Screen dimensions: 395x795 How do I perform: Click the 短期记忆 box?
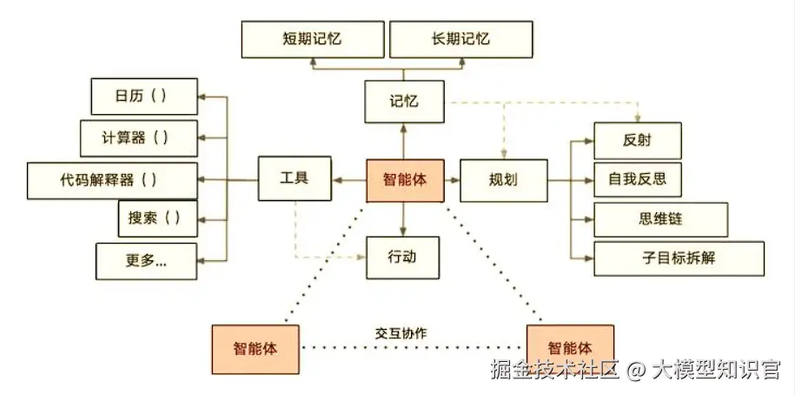click(x=313, y=40)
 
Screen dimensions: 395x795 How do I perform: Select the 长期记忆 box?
click(x=460, y=40)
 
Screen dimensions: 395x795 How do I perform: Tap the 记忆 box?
click(x=404, y=102)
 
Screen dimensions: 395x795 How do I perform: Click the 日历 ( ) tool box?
click(x=143, y=96)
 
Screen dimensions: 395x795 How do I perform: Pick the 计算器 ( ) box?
click(x=138, y=137)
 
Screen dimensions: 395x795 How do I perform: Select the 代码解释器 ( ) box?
click(x=110, y=180)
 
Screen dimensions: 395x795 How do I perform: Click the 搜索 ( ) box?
click(x=157, y=218)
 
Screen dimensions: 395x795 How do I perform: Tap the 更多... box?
click(x=147, y=260)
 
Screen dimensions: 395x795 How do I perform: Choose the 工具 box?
click(x=296, y=180)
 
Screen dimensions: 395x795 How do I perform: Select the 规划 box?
click(x=503, y=180)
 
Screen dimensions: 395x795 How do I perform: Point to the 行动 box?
click(x=404, y=258)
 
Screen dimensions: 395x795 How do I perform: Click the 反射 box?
click(x=637, y=141)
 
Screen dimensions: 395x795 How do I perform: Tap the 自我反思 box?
click(x=637, y=180)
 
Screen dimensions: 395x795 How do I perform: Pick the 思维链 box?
click(x=648, y=219)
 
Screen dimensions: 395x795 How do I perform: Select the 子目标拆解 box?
click(x=679, y=258)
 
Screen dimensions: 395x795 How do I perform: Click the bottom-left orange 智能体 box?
click(x=256, y=348)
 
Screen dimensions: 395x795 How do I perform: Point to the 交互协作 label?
click(x=401, y=333)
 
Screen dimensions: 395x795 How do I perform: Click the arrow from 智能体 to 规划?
click(x=451, y=180)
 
